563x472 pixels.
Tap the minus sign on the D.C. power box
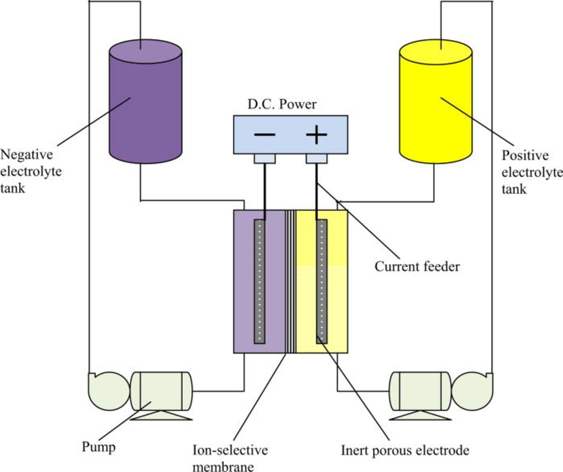pyautogui.click(x=265, y=135)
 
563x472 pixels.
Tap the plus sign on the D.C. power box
pyautogui.click(x=317, y=135)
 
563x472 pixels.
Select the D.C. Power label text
pyautogui.click(x=282, y=104)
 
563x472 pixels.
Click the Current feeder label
pyautogui.click(x=417, y=267)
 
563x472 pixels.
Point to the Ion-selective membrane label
pyautogui.click(x=230, y=458)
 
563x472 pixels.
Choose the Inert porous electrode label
pyautogui.click(x=405, y=450)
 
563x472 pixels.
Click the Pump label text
pyautogui.click(x=99, y=447)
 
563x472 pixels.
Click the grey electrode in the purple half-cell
pyautogui.click(x=260, y=282)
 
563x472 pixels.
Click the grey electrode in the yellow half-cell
pyautogui.click(x=322, y=282)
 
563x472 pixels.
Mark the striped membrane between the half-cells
pyautogui.click(x=290, y=282)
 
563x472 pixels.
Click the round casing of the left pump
pyautogui.click(x=108, y=391)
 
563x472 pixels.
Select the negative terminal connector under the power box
pyautogui.click(x=265, y=158)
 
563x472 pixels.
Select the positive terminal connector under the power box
pyautogui.click(x=317, y=158)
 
